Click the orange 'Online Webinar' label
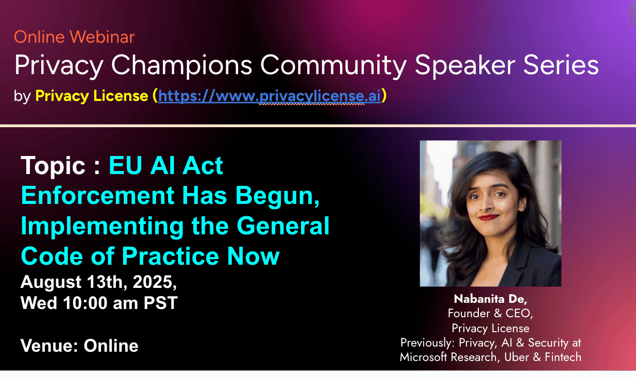point(74,37)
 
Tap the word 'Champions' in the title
point(181,65)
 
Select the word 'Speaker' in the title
point(465,65)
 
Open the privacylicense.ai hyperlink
point(270,96)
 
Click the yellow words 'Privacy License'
point(92,96)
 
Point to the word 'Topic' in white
point(53,166)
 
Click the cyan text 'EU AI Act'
point(166,165)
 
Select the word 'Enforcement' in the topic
point(98,195)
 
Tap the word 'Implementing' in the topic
point(103,227)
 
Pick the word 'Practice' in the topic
point(171,256)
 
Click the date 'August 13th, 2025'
point(98,282)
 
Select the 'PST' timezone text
point(160,303)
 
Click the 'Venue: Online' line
point(79,346)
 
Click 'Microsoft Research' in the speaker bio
point(450,357)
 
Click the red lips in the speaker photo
point(489,217)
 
